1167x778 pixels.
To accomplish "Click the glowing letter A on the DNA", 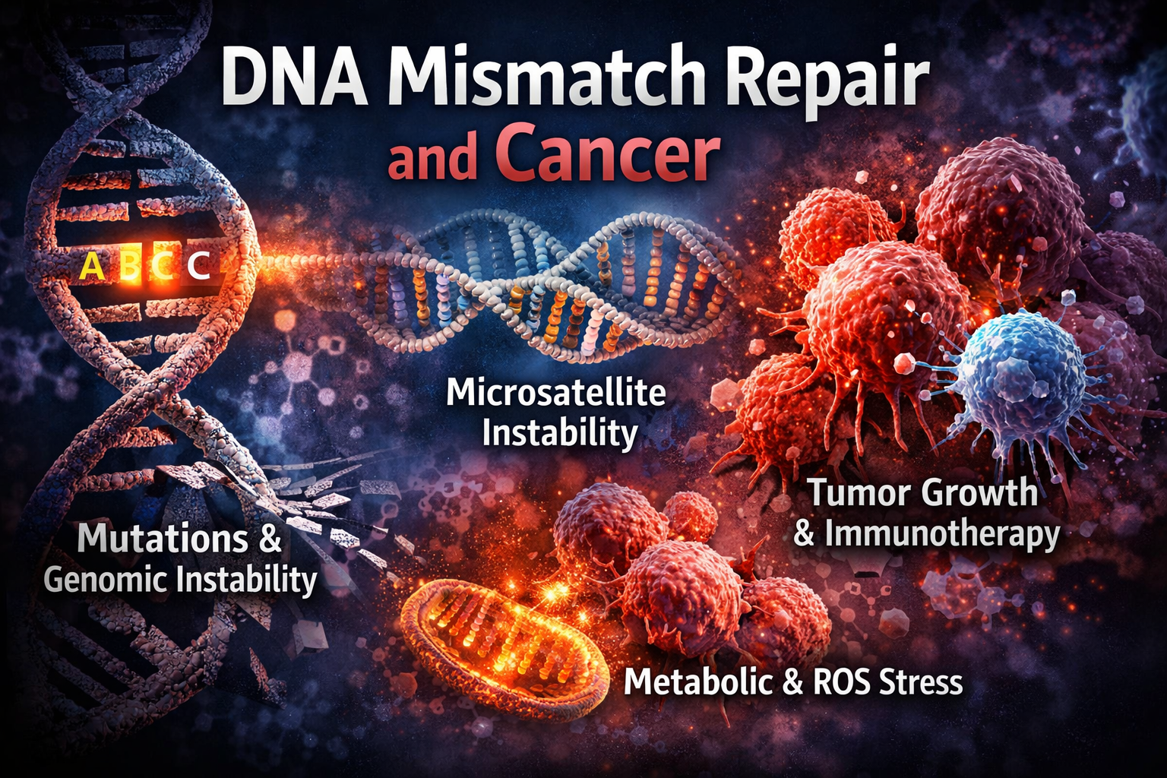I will click(x=92, y=266).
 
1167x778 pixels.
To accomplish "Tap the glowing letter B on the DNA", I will click(x=130, y=266).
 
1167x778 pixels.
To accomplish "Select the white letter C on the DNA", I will click(x=199, y=265).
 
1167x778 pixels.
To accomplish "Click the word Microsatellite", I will click(x=555, y=393).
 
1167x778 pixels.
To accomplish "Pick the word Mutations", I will click(x=163, y=539).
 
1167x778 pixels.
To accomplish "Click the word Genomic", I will click(x=106, y=580).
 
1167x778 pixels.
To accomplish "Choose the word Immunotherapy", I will click(x=941, y=534).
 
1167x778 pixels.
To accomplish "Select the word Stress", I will click(x=922, y=682).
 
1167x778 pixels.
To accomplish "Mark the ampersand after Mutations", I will click(x=270, y=539).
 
